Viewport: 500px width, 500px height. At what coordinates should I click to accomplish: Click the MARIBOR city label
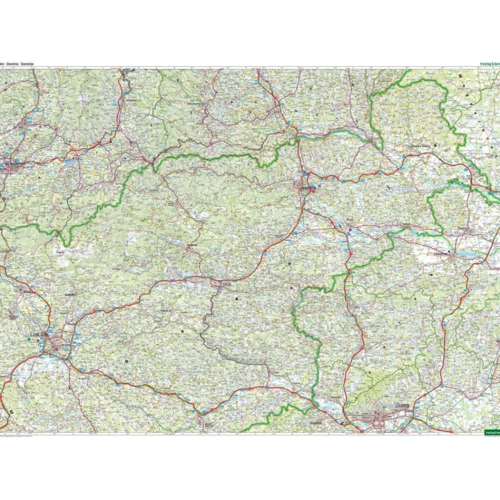pos(309,187)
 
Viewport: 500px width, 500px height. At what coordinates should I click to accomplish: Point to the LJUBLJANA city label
pos(40,334)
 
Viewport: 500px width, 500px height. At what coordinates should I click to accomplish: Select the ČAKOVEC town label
pos(463,228)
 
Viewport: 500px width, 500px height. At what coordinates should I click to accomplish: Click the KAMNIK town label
pos(71,295)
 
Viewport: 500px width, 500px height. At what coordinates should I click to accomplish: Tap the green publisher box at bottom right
pos(491,432)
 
